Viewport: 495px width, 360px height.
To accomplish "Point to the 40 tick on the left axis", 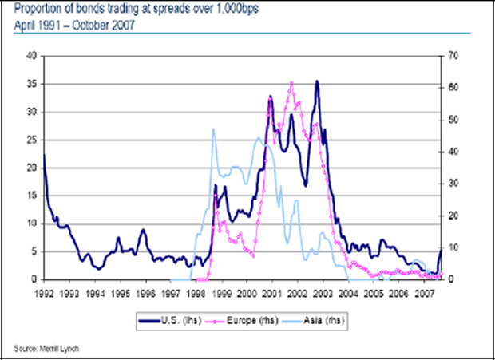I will tap(33, 56).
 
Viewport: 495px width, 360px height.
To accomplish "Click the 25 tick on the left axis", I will tap(33, 140).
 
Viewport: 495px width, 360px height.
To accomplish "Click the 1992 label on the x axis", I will tap(44, 291).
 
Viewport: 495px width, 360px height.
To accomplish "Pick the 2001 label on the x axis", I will tap(272, 291).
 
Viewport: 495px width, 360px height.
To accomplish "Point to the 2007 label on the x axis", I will tap(424, 291).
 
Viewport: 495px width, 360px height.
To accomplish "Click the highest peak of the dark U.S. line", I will tap(317, 81).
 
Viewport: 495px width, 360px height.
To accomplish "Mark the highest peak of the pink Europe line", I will tap(291, 82).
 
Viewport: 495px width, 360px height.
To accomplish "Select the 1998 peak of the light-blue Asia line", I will tap(213, 129).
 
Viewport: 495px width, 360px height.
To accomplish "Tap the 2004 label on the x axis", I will tap(348, 291).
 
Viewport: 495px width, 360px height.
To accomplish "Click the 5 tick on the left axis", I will tap(35, 251).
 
